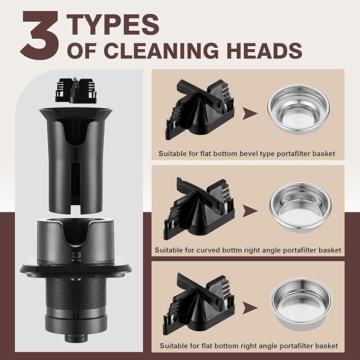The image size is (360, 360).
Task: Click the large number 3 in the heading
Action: (40, 36)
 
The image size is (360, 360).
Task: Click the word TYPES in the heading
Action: (113, 24)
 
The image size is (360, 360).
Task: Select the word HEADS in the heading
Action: (265, 50)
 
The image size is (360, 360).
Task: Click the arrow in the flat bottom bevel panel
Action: (250, 113)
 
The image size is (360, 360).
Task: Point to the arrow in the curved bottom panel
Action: (250, 211)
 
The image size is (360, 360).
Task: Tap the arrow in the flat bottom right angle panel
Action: (250, 308)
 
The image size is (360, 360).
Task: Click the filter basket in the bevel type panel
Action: (298, 109)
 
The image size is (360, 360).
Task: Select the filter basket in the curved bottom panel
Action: (301, 207)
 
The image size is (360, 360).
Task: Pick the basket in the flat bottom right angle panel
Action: (302, 304)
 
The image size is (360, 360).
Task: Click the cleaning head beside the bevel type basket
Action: (200, 110)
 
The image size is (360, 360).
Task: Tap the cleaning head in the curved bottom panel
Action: (199, 208)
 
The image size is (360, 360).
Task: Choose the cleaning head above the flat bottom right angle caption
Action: (198, 304)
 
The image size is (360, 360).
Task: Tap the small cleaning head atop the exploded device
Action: (76, 90)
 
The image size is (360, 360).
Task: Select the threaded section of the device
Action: (76, 292)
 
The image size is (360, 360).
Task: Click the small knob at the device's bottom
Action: (76, 338)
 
